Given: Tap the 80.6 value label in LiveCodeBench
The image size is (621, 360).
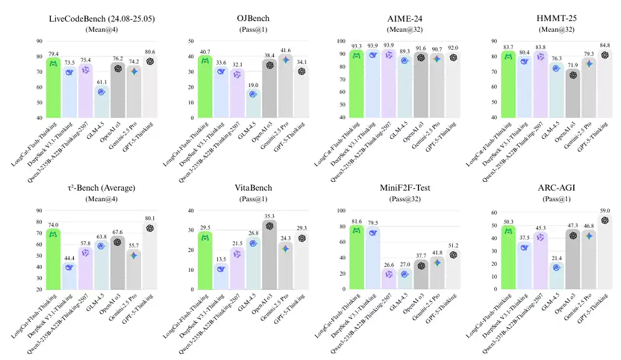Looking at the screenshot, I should (150, 52).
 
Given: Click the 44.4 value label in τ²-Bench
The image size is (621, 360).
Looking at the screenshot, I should (69, 258).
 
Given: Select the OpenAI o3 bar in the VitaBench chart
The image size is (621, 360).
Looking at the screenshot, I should (270, 254).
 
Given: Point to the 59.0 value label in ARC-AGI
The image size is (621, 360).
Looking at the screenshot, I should (604, 210).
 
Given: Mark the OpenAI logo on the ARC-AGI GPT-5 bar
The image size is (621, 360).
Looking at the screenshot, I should (604, 220).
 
